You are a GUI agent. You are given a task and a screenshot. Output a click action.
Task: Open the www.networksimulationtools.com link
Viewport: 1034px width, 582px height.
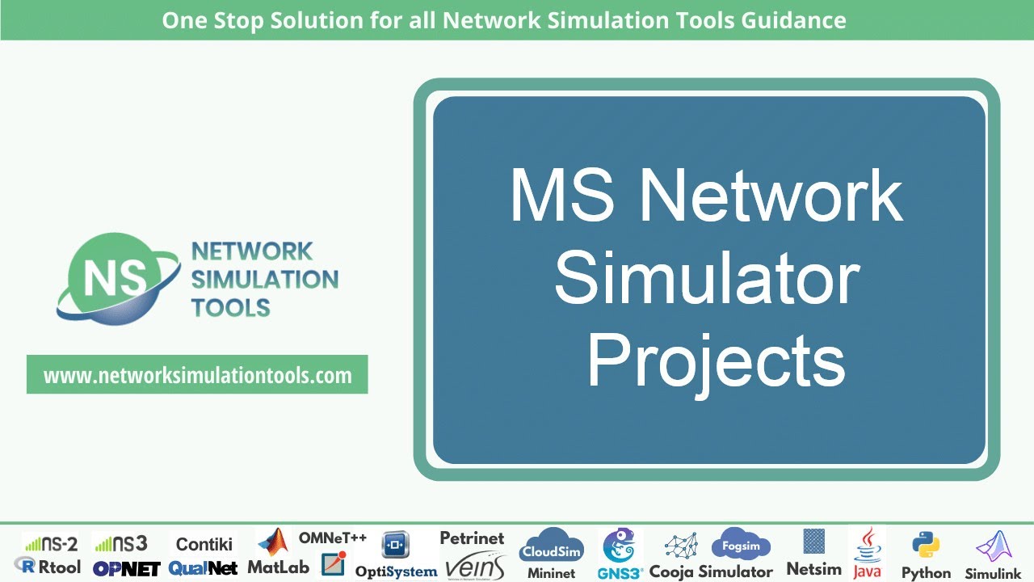(x=197, y=375)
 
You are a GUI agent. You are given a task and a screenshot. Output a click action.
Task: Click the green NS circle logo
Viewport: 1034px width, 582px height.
(x=110, y=276)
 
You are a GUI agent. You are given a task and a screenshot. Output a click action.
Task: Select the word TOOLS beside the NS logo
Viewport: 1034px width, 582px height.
(x=230, y=307)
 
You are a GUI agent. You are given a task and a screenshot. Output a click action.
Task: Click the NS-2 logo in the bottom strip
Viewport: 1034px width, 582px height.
(x=50, y=543)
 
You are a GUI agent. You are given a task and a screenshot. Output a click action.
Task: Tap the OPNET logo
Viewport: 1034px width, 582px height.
(x=126, y=568)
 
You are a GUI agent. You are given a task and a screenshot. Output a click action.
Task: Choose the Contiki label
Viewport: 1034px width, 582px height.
(x=204, y=544)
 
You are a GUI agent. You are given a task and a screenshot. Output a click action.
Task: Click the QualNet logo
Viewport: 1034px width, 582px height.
(x=203, y=568)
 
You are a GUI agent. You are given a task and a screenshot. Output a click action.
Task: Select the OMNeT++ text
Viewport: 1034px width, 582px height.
(x=333, y=538)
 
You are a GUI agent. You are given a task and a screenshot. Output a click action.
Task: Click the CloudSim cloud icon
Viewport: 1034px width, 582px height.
(x=551, y=546)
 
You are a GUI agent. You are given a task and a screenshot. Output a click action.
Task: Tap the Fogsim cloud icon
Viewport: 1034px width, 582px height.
(x=741, y=545)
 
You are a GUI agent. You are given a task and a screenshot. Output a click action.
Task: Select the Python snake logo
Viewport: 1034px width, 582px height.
(x=926, y=546)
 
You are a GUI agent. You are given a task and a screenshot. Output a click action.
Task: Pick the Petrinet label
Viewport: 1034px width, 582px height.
(x=472, y=538)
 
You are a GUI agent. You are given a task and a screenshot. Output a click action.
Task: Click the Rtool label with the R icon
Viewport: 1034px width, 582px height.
(x=48, y=567)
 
